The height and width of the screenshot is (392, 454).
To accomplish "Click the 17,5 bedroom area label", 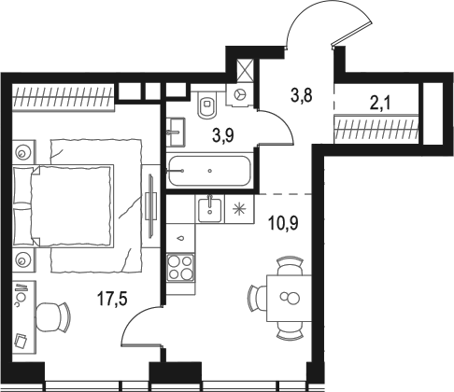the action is pos(112,299).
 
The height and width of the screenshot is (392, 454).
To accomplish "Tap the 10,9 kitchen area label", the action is pos(283,223).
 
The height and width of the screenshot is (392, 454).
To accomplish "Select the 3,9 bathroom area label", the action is pos(223,135).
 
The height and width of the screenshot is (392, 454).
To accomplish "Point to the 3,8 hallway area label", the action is pos(301,95).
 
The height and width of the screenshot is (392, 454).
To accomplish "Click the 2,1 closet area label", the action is pos(380,103).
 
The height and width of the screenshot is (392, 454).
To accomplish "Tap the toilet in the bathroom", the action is pos(207,105).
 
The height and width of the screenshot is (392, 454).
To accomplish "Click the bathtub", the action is pos(209,171).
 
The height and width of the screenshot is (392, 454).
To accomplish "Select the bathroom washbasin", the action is pos(177,132).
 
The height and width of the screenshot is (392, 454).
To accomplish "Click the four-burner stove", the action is pos(180,267).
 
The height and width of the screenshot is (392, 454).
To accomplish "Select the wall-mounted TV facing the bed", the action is pos(151,206).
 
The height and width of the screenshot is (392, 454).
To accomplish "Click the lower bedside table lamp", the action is pos(22,260).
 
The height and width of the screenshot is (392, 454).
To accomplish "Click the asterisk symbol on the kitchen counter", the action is pos(239,209).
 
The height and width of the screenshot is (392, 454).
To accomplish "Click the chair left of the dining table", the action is pos(256,299).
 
